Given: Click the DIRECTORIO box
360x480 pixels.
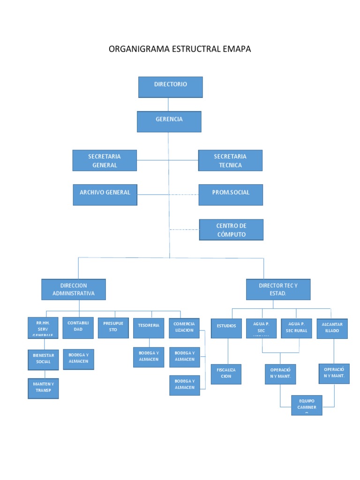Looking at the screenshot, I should [170, 87].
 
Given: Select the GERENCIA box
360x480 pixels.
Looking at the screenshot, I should [169, 121].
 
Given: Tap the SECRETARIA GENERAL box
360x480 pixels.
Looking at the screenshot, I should [105, 160].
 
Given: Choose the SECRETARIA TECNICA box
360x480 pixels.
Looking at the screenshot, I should [230, 160].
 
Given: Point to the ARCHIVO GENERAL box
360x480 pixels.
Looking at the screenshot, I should [105, 195].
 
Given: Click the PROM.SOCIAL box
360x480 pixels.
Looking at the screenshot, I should [231, 195].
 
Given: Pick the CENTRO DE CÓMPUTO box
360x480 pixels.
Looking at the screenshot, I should [231, 230].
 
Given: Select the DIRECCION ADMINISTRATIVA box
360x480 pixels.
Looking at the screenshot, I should [74, 289].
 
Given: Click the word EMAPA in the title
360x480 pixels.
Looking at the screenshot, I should [237, 49].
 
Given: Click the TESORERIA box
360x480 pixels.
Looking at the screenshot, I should [149, 328].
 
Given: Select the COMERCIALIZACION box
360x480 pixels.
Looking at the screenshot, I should [184, 328].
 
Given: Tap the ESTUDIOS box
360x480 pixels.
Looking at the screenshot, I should [226, 328].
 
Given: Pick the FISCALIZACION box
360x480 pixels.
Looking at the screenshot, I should [226, 374].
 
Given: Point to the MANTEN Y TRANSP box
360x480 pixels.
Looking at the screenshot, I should [43, 388].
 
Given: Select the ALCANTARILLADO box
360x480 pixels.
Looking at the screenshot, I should [332, 328].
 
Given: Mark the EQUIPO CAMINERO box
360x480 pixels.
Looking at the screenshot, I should [307, 405].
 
